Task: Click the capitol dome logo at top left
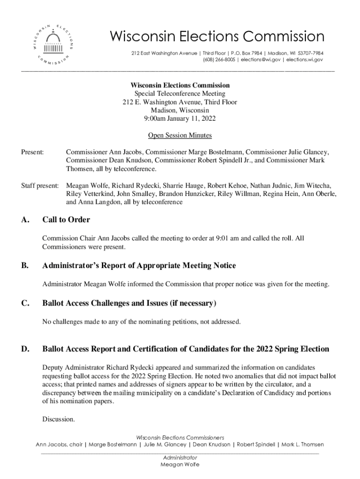pyautogui.click(x=53, y=43)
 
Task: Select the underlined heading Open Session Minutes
pyautogui.click(x=180, y=136)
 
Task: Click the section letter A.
pyautogui.click(x=25, y=220)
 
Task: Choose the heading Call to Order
pyautogui.click(x=66, y=220)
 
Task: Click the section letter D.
pyautogui.click(x=25, y=349)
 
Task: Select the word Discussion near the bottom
pyautogui.click(x=58, y=419)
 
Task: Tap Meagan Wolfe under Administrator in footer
pyautogui.click(x=180, y=464)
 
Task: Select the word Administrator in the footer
pyautogui.click(x=180, y=457)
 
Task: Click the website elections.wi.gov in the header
pyautogui.click(x=304, y=60)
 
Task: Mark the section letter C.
pyautogui.click(x=25, y=304)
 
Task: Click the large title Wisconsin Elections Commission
pyautogui.click(x=216, y=36)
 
